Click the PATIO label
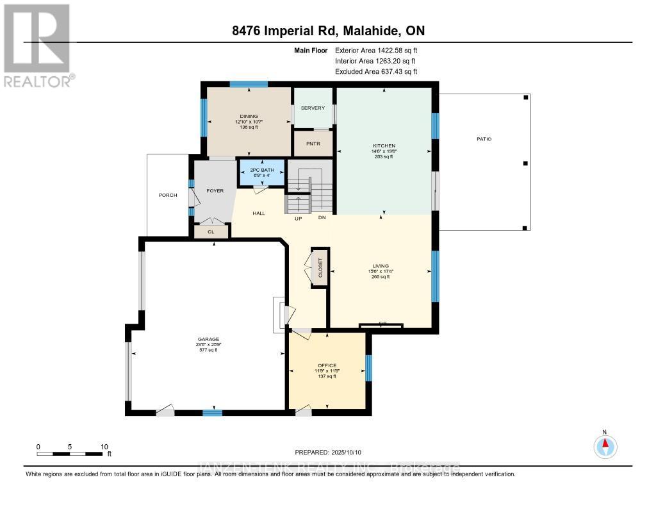click(x=484, y=139)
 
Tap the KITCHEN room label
click(x=384, y=146)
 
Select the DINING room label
click(x=249, y=117)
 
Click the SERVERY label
click(x=313, y=108)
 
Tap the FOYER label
click(x=213, y=190)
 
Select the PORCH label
click(x=168, y=195)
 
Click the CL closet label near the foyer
click(x=210, y=232)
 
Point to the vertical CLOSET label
click(x=320, y=269)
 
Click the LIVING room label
click(x=381, y=266)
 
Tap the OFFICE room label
click(x=327, y=366)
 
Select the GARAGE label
click(x=208, y=340)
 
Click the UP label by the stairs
click(x=298, y=219)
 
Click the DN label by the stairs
click(x=322, y=219)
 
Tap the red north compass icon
click(x=605, y=445)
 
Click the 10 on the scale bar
click(x=104, y=447)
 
